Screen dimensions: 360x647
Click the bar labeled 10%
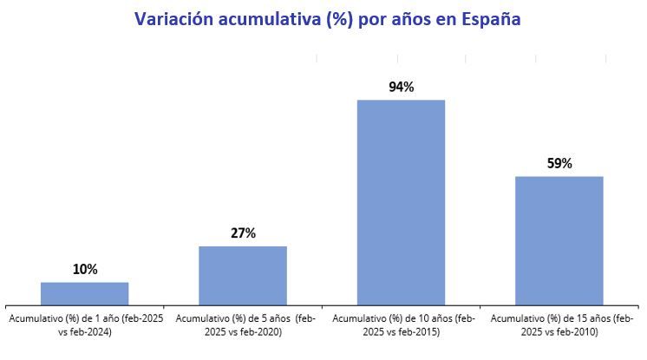tap(85, 293)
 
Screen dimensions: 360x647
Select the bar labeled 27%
tap(243, 275)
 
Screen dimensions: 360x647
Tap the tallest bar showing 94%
tap(401, 201)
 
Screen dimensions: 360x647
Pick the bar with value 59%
tap(559, 239)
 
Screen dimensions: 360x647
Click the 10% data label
tap(85, 270)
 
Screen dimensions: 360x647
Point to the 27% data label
tap(243, 233)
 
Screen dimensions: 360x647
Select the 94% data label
tap(401, 87)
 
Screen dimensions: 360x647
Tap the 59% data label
tap(559, 163)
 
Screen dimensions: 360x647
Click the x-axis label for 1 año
tap(85, 325)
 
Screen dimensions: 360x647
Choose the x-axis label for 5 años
tap(243, 325)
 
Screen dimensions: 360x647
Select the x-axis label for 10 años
tap(401, 325)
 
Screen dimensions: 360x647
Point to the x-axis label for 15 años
tap(559, 325)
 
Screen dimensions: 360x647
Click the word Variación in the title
tap(167, 19)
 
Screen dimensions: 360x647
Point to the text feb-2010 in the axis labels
tap(570, 332)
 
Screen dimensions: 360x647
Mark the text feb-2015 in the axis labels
tap(412, 332)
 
